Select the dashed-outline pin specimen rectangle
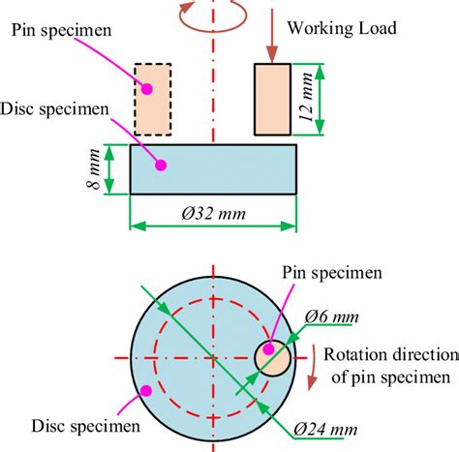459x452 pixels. point(152,100)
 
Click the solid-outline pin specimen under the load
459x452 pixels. point(272,99)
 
